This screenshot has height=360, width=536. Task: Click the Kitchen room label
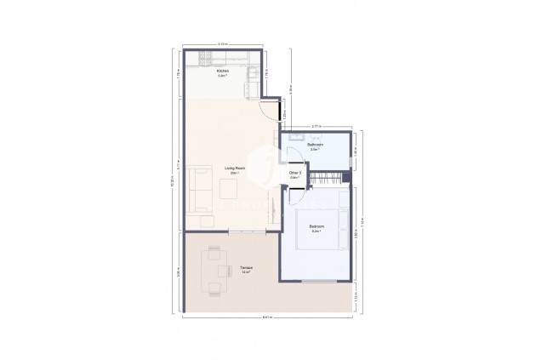pos(222,72)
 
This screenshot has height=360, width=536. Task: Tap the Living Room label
pos(235,170)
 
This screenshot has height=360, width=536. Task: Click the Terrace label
pos(245,271)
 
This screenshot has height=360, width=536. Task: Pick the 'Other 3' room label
pos(295,174)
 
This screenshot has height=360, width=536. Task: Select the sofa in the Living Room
pos(201,188)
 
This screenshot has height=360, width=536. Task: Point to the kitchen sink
pos(253,83)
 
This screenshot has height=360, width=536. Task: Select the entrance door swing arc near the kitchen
pos(271,109)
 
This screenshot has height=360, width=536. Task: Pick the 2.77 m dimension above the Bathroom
pos(316,126)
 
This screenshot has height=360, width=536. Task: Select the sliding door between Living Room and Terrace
pos(248,231)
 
